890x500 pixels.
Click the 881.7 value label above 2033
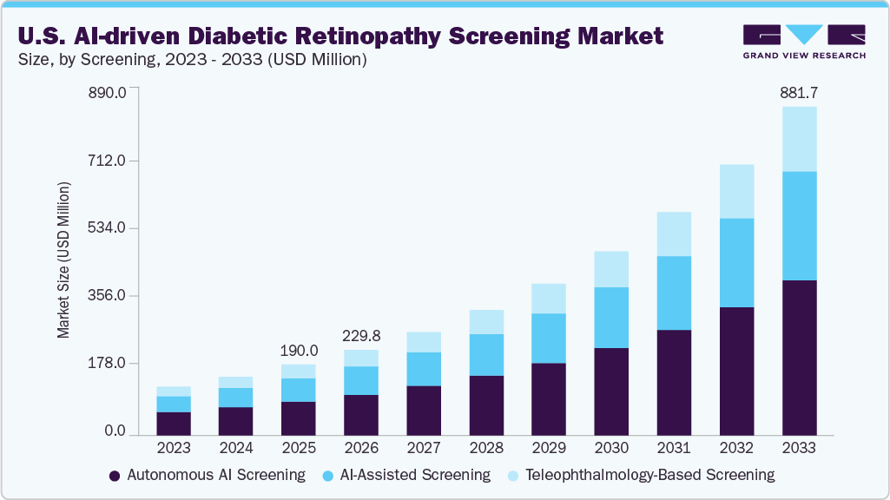(x=799, y=93)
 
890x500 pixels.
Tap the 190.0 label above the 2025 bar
(x=299, y=351)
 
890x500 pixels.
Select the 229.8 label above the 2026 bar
(x=361, y=336)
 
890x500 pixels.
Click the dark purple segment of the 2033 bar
(x=799, y=357)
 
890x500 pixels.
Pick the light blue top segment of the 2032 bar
(x=736, y=191)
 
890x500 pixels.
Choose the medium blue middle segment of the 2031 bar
(x=674, y=293)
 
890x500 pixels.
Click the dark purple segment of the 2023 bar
(x=174, y=423)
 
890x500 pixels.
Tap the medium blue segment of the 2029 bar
(x=549, y=338)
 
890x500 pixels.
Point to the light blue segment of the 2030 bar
(x=611, y=269)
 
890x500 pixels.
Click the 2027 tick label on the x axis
(x=424, y=449)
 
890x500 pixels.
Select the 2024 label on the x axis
(x=236, y=449)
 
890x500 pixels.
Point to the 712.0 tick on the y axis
(x=109, y=161)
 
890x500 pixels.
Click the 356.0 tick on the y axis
(x=109, y=296)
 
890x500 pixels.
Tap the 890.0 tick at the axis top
(x=109, y=93)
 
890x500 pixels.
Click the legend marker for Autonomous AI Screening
(x=115, y=476)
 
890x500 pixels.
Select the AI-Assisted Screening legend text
(x=415, y=475)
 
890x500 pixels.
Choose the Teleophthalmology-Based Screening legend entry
(x=649, y=475)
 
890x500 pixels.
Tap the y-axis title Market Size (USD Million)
(x=63, y=261)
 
